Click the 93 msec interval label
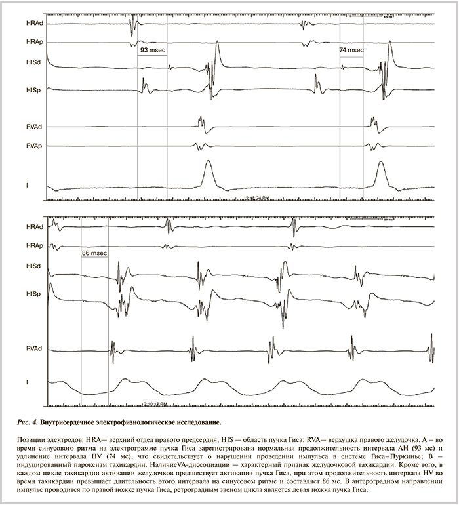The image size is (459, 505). coord(152,49)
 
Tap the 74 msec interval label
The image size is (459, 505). coord(351,49)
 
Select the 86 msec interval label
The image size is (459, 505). coord(94,252)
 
